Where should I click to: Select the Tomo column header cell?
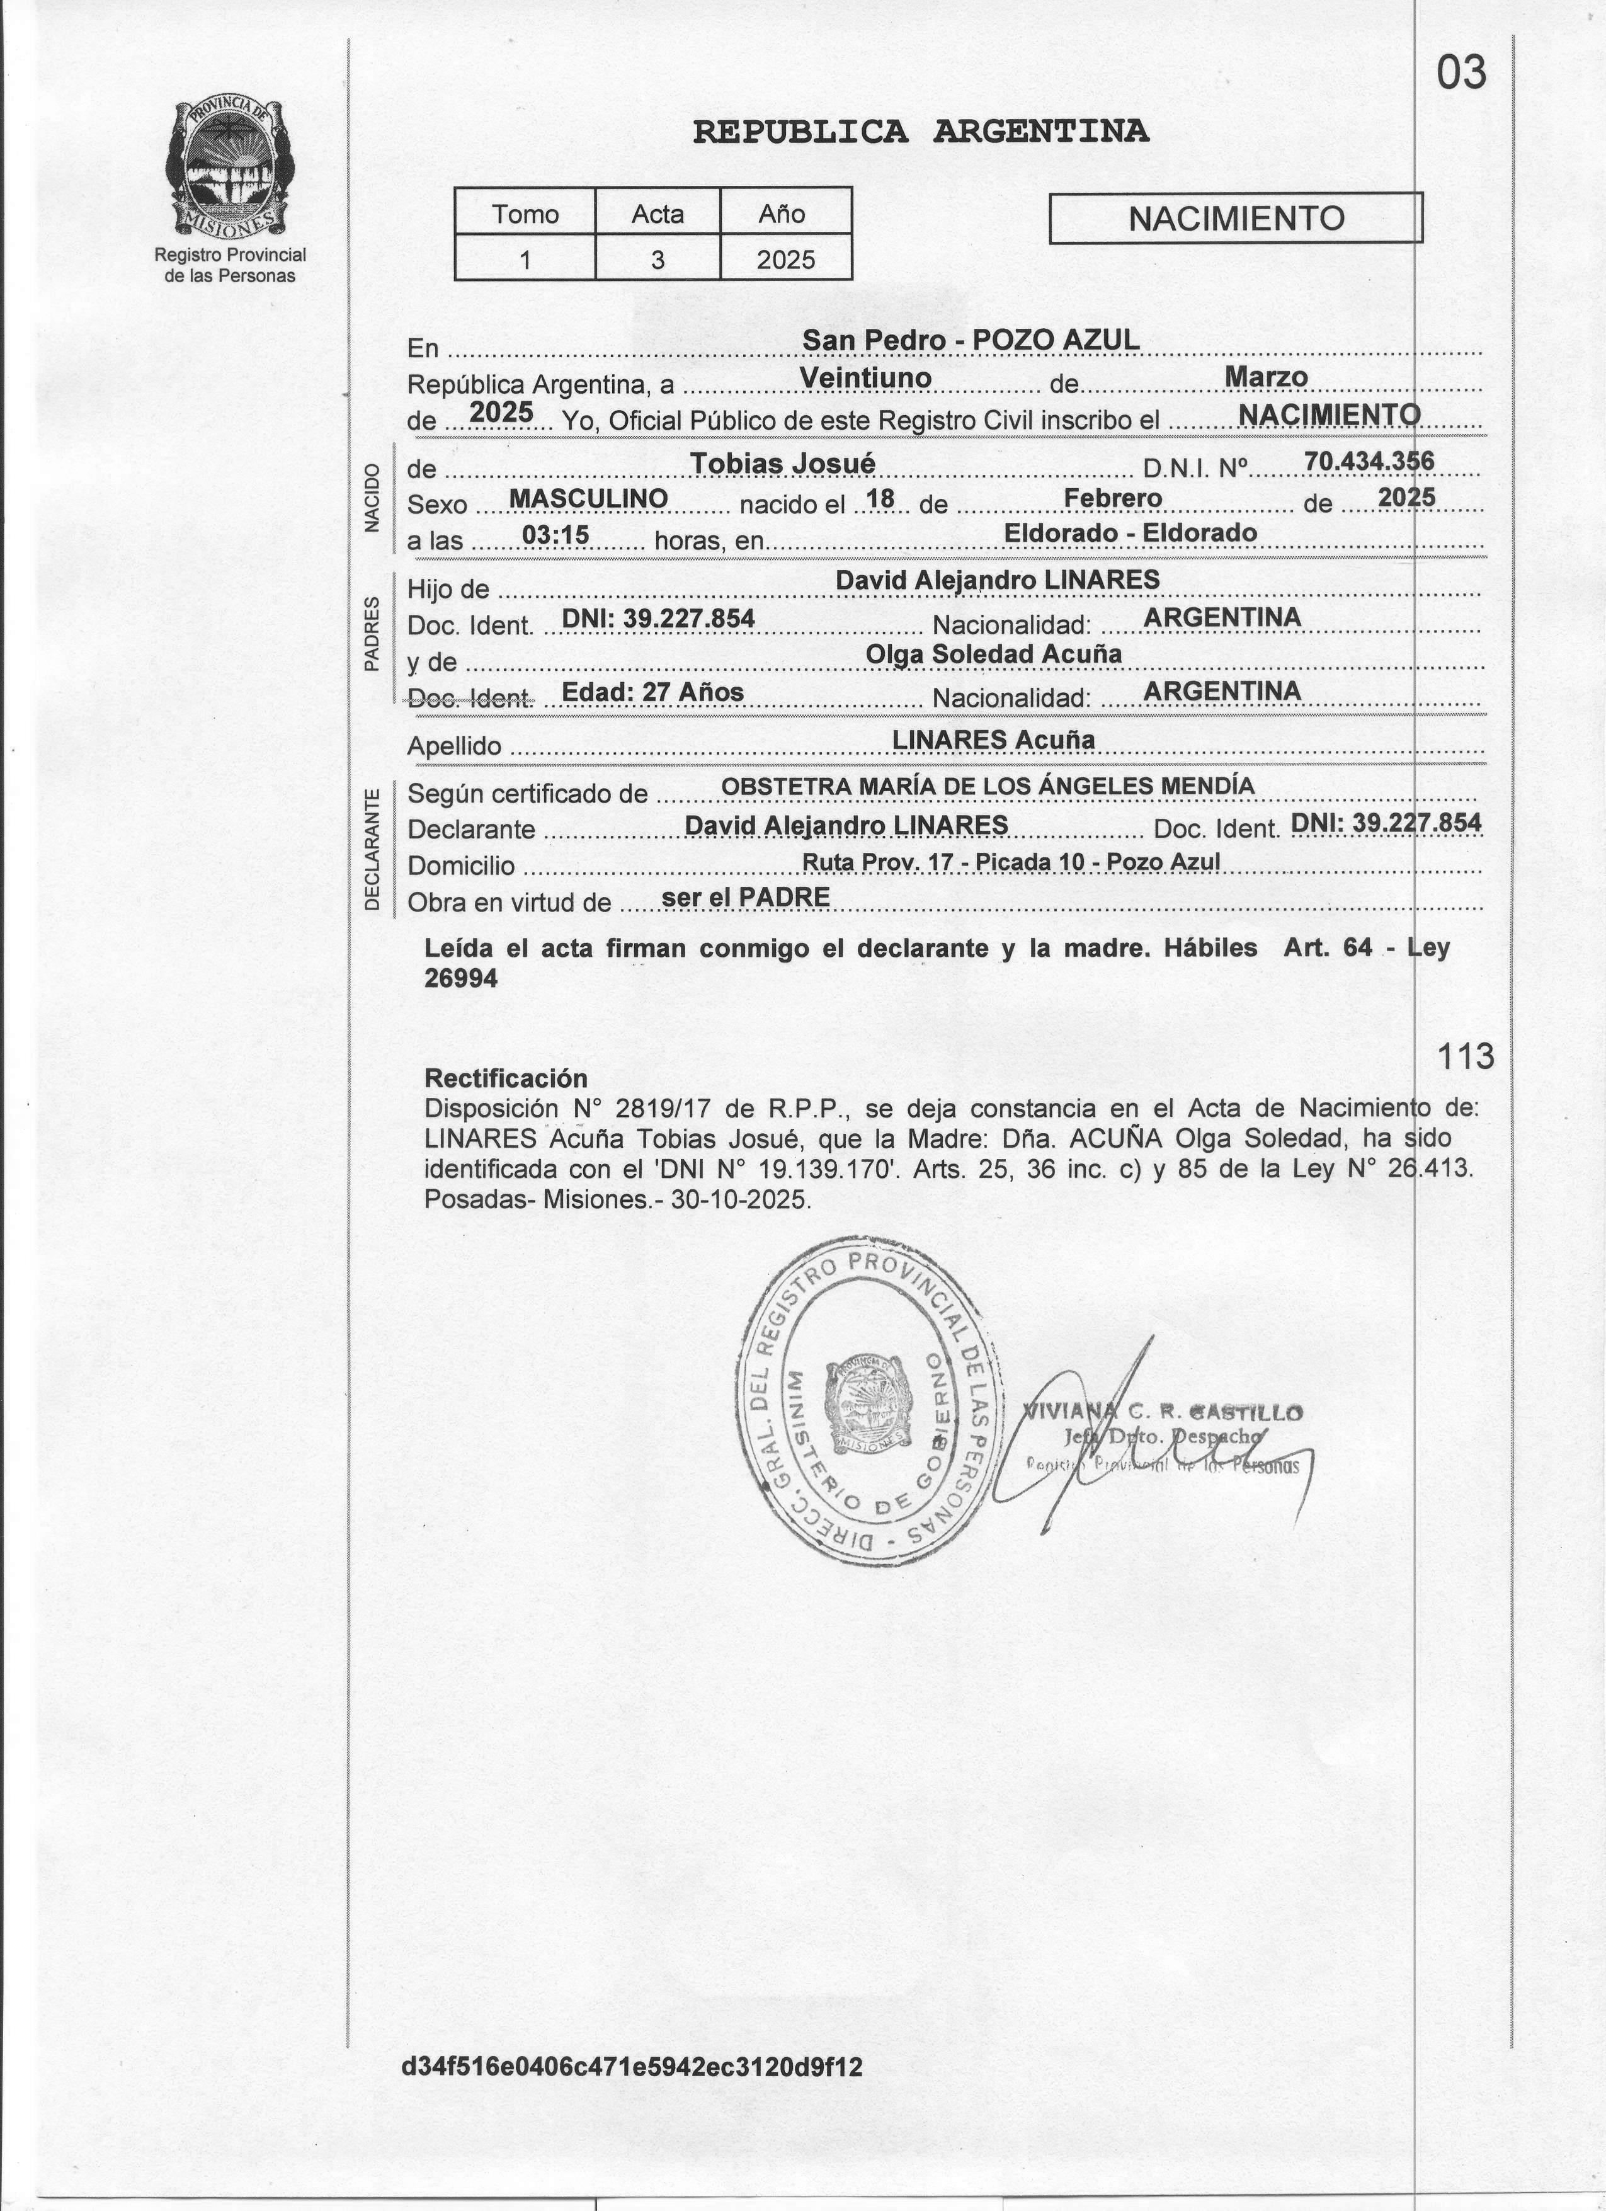point(525,214)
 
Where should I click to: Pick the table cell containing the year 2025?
point(785,260)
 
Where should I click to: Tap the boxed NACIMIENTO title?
point(1236,219)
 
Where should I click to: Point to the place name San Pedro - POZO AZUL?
point(970,340)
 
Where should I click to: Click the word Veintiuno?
point(865,377)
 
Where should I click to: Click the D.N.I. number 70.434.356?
point(1369,460)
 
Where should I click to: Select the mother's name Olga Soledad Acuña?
point(993,654)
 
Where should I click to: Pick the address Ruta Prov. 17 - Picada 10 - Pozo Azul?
point(1011,862)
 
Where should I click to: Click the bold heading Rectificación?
point(506,1078)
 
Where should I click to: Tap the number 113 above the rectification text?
point(1466,1056)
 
